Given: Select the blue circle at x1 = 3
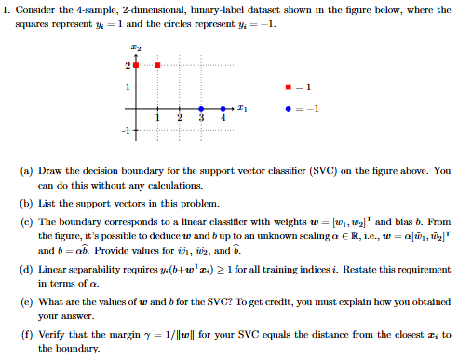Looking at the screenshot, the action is [201, 109].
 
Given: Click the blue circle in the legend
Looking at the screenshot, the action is [294, 106].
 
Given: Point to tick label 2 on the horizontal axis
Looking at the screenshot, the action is [179, 118].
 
